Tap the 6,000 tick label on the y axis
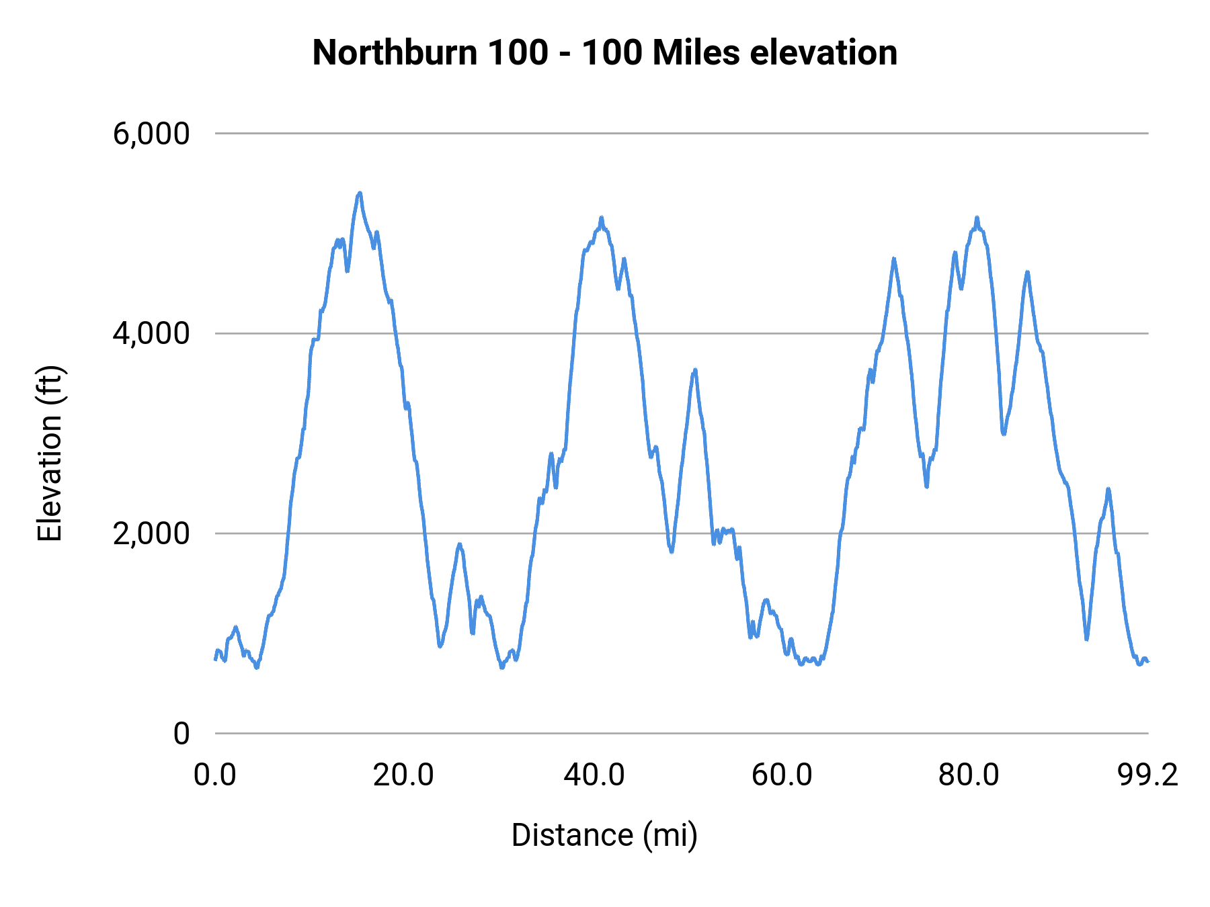pos(151,134)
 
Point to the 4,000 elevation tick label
pos(151,333)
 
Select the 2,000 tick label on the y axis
pos(151,533)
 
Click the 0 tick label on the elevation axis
pos(181,734)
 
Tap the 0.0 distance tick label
pos(215,775)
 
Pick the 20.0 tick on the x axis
pos(403,775)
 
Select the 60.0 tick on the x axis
pos(782,775)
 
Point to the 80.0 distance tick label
pos(969,775)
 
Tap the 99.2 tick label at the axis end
pos(1148,775)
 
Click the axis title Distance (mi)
pos(604,835)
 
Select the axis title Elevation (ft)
pos(50,453)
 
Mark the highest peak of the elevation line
pos(360,193)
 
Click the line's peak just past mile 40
pos(602,218)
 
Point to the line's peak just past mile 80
pos(977,218)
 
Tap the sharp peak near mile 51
pos(695,370)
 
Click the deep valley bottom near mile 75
pos(926,486)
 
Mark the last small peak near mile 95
pos(1108,489)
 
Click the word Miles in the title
pos(696,52)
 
